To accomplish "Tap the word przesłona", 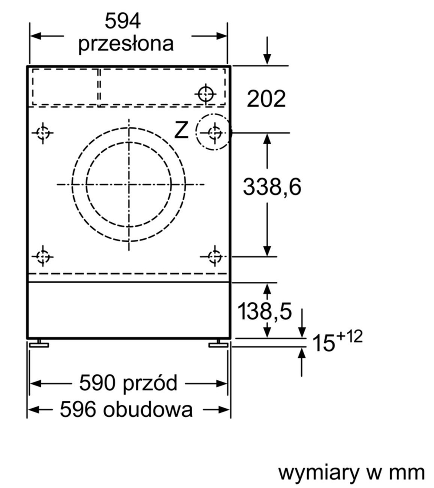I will pos(126,43).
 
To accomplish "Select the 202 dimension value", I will pos(266,99).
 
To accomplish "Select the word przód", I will pos(152,383).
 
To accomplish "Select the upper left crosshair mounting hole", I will pos(43,133).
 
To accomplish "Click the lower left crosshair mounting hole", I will pos(43,257).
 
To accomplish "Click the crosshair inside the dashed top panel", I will pos(205,93).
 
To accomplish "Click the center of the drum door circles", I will pos(128,185).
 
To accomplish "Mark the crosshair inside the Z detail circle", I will pos(213,132).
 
